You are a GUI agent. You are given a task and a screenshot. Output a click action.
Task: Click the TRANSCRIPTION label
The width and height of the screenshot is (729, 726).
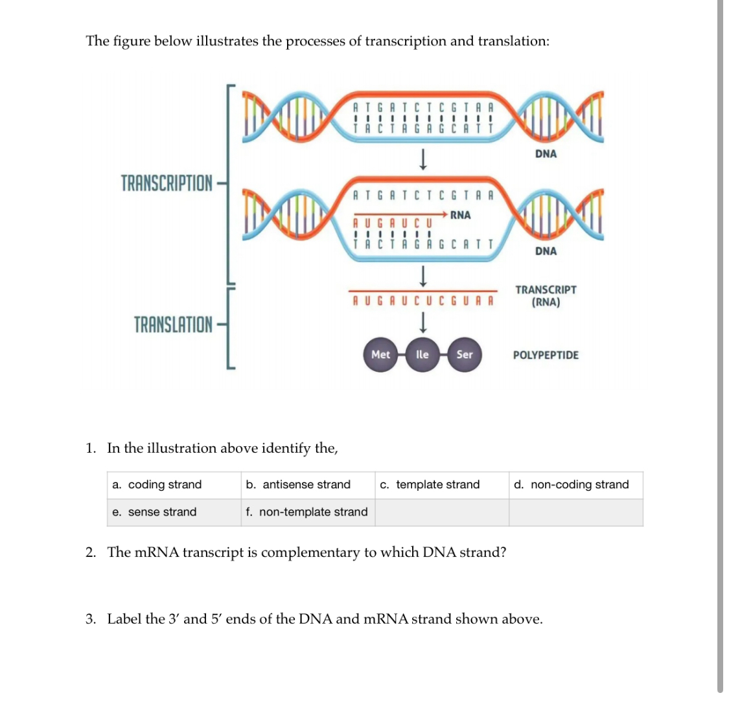pyautogui.click(x=167, y=183)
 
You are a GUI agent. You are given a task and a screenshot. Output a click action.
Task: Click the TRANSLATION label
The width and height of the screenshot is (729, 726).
pyautogui.click(x=173, y=324)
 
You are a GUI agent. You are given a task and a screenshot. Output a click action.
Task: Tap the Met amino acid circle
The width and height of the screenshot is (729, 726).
pyautogui.click(x=380, y=354)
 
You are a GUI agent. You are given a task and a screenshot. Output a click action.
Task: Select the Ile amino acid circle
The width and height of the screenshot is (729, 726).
pyautogui.click(x=422, y=354)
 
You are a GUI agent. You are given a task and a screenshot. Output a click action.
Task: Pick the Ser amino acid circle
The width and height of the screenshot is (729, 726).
pyautogui.click(x=465, y=354)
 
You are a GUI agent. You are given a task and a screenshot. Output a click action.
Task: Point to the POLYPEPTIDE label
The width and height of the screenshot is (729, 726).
pyautogui.click(x=546, y=355)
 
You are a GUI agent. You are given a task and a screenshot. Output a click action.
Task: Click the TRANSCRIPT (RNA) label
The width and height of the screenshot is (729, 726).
pyautogui.click(x=546, y=296)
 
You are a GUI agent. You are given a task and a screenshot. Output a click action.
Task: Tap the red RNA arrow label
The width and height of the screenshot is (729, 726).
pyautogui.click(x=460, y=215)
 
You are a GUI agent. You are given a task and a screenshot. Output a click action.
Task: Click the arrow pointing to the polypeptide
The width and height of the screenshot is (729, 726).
pyautogui.click(x=422, y=321)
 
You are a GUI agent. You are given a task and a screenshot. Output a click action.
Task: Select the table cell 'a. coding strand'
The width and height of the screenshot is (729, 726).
pyautogui.click(x=157, y=484)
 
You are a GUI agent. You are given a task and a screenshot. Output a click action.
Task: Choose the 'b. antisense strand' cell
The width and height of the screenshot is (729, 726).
pyautogui.click(x=298, y=484)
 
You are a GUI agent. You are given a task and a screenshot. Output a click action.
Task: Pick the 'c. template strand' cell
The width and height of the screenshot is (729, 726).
pyautogui.click(x=430, y=484)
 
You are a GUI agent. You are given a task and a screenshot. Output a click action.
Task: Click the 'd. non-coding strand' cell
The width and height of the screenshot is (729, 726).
pyautogui.click(x=571, y=484)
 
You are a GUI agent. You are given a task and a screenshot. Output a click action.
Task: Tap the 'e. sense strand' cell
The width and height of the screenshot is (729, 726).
pyautogui.click(x=154, y=512)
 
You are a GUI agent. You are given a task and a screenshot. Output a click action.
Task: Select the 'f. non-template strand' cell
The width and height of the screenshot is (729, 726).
pyautogui.click(x=307, y=512)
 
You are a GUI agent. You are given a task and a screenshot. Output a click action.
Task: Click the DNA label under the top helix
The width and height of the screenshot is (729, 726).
pyautogui.click(x=546, y=153)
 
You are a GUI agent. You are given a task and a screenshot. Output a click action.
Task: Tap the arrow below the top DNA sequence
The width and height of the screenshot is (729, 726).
pyautogui.click(x=422, y=159)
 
